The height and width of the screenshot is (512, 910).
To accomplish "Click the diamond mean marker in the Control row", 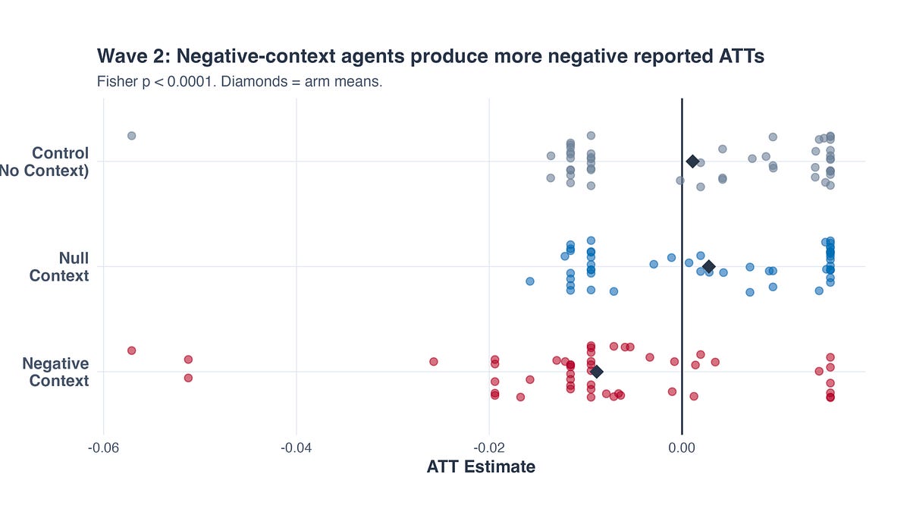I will point(692,161).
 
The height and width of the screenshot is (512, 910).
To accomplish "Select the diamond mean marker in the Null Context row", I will point(708,266).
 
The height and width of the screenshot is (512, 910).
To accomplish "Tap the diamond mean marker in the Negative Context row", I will point(597,372).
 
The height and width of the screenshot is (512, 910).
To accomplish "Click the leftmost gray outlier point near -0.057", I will point(131,136).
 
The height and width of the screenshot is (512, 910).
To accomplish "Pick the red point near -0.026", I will point(434,362).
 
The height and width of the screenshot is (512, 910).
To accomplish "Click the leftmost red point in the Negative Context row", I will point(131,350).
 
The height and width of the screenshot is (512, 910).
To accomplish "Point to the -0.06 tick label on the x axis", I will point(103,448).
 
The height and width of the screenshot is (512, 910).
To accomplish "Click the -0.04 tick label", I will point(296,448).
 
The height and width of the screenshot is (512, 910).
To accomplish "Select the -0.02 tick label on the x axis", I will point(489,448).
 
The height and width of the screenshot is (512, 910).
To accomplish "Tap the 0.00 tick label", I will point(682,448).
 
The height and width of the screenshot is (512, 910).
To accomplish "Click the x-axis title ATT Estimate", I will point(481,467).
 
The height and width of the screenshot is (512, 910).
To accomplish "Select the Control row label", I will point(53,162).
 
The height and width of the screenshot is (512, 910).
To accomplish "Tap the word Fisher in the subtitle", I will point(117,81).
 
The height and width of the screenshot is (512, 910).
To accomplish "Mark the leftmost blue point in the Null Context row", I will point(530,281).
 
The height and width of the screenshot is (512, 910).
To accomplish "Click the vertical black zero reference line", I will point(682,228).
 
